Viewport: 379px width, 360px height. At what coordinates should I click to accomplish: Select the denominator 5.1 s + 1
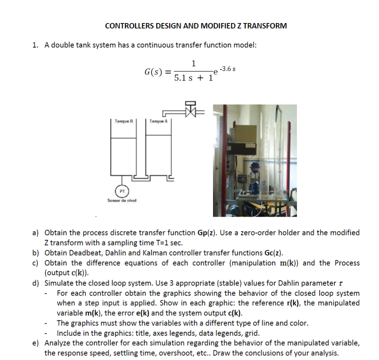pyautogui.click(x=193, y=78)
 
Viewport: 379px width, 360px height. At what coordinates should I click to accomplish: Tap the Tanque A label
pyautogui.click(x=158, y=121)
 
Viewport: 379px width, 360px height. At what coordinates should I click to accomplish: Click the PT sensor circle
pyautogui.click(x=122, y=191)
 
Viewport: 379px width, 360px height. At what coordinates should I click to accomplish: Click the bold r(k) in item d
pyautogui.click(x=294, y=303)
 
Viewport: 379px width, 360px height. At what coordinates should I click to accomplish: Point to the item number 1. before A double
pyautogui.click(x=35, y=45)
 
